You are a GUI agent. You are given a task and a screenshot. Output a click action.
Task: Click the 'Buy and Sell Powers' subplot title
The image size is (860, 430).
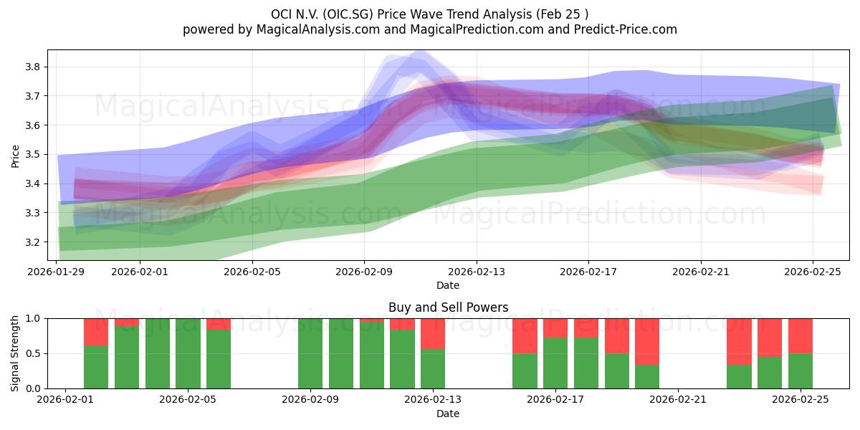point(448,307)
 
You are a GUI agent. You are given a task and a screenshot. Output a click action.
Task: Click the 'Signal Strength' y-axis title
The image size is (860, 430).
point(16,353)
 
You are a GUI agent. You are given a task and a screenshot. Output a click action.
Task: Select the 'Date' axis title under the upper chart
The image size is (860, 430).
point(448,285)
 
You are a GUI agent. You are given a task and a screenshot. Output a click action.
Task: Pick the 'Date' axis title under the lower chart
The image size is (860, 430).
point(448,414)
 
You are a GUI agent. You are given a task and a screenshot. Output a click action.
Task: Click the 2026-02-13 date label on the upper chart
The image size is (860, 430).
point(477,272)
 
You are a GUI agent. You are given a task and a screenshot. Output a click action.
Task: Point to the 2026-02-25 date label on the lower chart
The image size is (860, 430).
point(800,400)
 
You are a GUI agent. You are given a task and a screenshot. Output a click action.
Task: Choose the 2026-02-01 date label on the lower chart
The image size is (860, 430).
point(66,400)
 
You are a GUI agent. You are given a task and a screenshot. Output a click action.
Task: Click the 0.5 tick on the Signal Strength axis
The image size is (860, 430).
point(34,353)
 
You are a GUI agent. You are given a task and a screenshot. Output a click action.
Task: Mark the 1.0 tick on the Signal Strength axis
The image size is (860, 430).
point(34,318)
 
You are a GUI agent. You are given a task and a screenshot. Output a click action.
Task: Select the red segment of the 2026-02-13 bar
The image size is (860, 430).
point(433,333)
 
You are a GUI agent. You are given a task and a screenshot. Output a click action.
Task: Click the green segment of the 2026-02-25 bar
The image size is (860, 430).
point(800,371)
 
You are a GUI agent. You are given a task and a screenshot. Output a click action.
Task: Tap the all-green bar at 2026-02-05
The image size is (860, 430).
point(188,353)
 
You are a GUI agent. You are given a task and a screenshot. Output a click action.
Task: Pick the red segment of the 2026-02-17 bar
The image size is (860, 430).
point(555,328)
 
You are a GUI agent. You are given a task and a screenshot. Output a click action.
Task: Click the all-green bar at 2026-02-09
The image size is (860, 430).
point(310,353)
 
